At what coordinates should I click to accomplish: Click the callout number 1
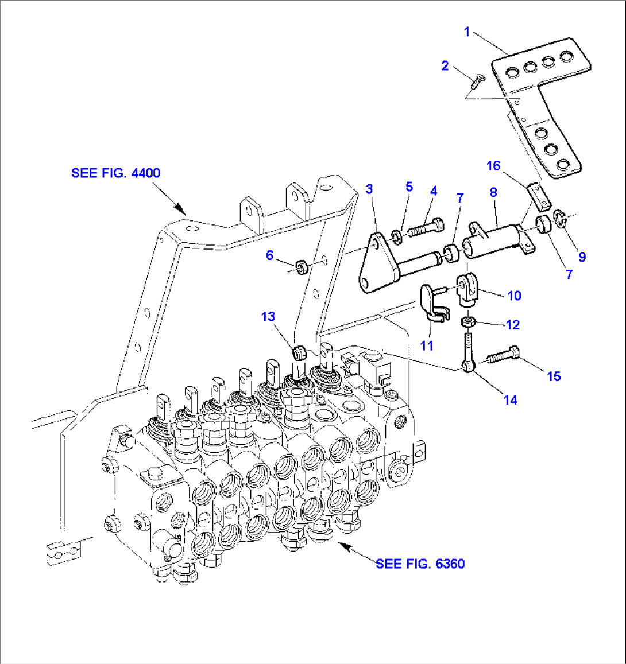point(467,32)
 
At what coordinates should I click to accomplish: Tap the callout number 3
point(369,189)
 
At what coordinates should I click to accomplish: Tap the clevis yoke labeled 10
point(466,291)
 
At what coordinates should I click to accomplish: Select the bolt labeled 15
point(503,356)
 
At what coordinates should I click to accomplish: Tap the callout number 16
point(493,166)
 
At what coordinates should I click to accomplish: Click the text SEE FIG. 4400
point(115,173)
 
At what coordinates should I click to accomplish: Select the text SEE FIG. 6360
point(420,564)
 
